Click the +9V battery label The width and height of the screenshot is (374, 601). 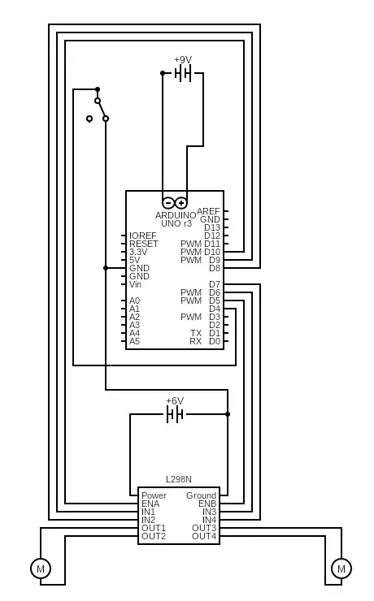[x=183, y=60]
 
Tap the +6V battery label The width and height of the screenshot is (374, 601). [x=175, y=401]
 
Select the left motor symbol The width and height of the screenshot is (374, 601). [x=41, y=569]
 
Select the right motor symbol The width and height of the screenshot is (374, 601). [x=341, y=569]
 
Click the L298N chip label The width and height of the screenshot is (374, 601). [x=179, y=480]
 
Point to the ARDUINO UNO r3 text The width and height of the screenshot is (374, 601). [x=176, y=219]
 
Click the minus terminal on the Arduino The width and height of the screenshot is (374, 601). [x=168, y=203]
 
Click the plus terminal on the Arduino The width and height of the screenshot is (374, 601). [x=181, y=203]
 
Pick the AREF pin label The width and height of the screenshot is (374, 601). [x=208, y=211]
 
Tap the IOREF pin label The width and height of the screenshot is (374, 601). [x=143, y=236]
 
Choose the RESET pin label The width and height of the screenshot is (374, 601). [x=144, y=244]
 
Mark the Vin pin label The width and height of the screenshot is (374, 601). [x=135, y=284]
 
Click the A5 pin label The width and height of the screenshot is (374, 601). [x=134, y=341]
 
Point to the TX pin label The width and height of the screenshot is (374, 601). [x=196, y=333]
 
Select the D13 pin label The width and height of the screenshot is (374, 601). [x=212, y=227]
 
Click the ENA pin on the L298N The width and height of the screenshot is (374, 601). [x=150, y=504]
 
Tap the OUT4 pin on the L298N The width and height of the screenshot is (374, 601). [x=204, y=536]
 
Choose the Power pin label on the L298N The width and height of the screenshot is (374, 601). [x=154, y=495]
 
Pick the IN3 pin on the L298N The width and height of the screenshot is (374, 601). [x=209, y=512]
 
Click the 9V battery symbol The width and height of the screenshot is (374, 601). [x=183, y=73]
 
